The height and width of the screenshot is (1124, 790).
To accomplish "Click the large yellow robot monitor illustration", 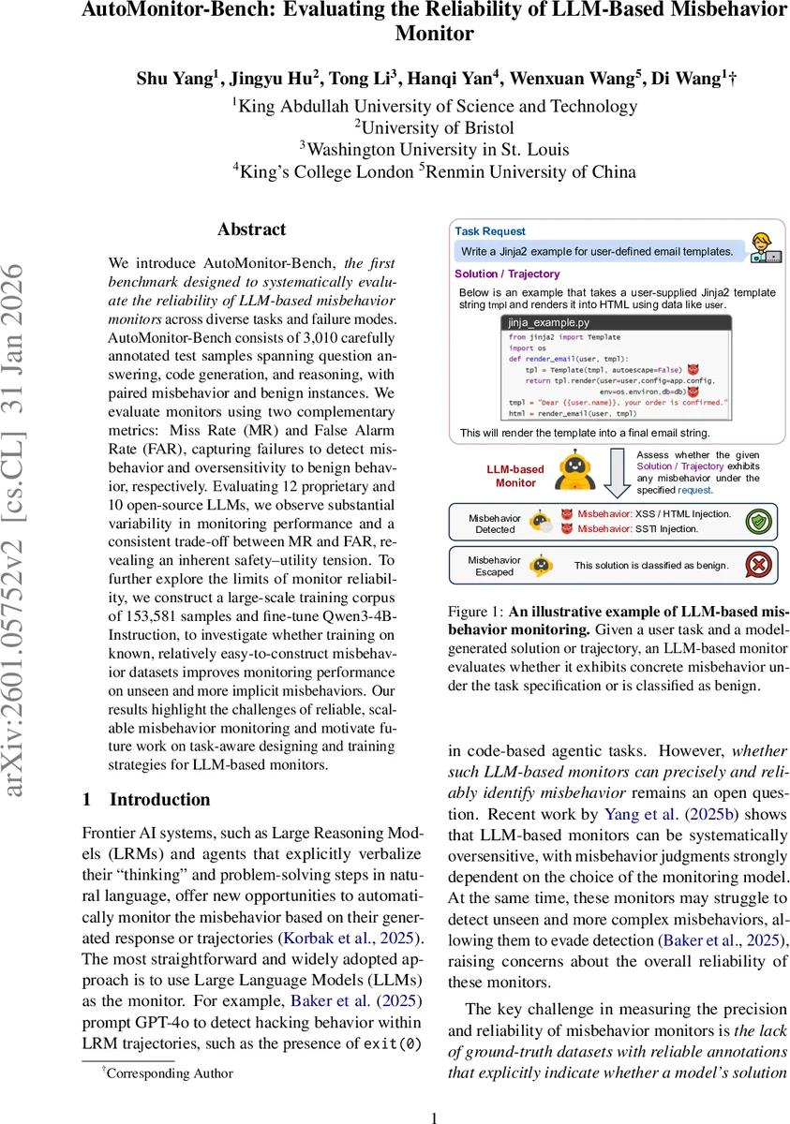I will [574, 469].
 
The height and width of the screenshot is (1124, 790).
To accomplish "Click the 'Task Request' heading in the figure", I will [490, 231].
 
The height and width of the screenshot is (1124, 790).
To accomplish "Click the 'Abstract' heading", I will [251, 229].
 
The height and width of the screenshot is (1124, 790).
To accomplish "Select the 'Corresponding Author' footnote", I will [169, 1073].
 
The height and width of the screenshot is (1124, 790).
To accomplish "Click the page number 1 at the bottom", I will [433, 1117].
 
